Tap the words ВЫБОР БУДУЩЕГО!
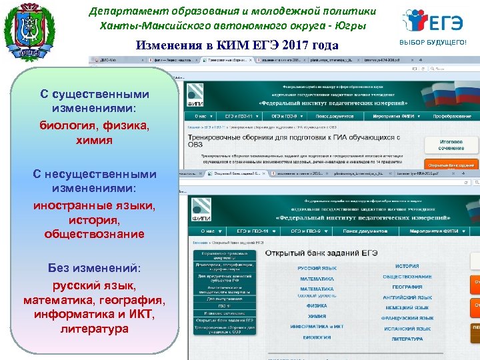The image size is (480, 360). point(433,43)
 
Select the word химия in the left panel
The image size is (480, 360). point(94,141)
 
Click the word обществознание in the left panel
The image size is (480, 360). point(94,234)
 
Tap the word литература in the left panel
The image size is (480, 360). point(94,329)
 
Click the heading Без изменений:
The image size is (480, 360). point(94,268)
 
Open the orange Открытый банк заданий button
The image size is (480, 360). point(451,165)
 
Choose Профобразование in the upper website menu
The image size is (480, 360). point(451,116)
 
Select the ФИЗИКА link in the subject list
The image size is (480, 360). point(317,306)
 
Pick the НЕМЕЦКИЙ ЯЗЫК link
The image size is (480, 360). point(407,308)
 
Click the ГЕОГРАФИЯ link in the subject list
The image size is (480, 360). point(407,287)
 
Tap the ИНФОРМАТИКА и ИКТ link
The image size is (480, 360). point(317,327)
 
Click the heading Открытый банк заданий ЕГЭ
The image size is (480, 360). point(322,253)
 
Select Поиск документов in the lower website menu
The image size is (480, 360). point(363,231)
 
